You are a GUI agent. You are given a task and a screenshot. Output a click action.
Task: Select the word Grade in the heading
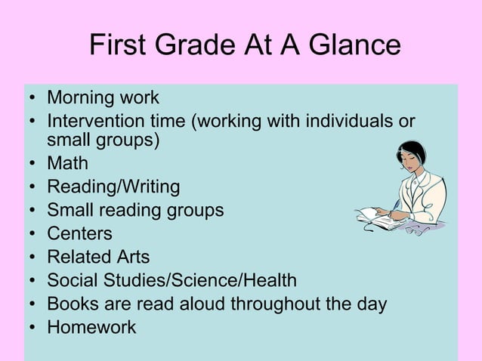[197, 45]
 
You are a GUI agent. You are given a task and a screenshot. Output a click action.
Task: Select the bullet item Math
[67, 163]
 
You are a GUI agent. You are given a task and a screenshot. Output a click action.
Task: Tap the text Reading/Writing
[113, 187]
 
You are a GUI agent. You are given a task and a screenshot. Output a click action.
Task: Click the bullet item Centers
[79, 233]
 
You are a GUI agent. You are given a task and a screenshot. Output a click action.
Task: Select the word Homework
[91, 328]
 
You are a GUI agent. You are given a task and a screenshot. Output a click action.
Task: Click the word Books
[70, 304]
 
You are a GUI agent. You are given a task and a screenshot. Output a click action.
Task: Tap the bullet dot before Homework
[32, 329]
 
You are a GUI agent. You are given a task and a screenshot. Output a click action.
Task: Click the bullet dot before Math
[32, 164]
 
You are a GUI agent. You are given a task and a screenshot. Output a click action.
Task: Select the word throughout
[280, 304]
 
